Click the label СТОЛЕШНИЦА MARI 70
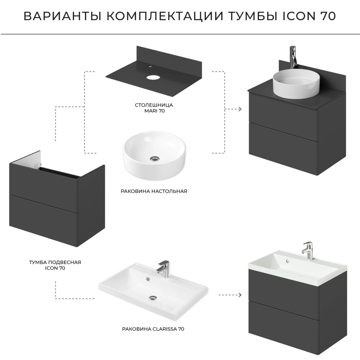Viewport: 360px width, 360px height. coord(154,108)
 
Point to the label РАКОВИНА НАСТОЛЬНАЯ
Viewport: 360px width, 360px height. coord(154,191)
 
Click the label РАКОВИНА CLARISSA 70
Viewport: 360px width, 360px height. coord(153,329)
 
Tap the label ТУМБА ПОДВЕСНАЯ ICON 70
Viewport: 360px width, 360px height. coord(55,265)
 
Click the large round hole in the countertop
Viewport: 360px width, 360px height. coord(152,77)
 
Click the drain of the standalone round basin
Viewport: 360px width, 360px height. coord(154,158)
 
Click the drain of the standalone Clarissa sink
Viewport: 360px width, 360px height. coord(153,298)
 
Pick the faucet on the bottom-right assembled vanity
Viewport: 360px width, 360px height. coord(307,251)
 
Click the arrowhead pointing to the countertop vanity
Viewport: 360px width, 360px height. coord(240,109)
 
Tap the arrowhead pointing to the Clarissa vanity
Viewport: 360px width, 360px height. coord(240,295)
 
